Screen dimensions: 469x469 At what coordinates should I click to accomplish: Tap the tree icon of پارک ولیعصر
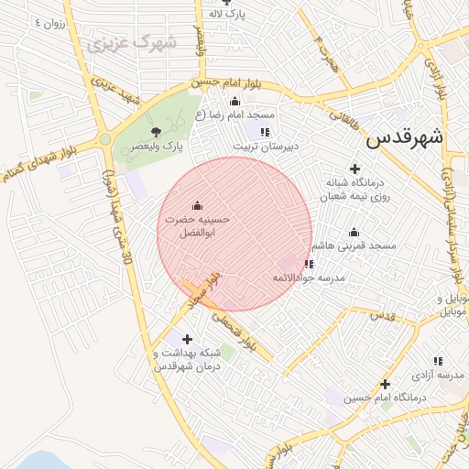[x=155, y=131]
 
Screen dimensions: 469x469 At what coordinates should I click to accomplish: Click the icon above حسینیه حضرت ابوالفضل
[x=197, y=205]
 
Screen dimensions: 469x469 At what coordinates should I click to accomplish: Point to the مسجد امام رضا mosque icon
[x=234, y=101]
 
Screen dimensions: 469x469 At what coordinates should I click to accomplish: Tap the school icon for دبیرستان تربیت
[x=266, y=132]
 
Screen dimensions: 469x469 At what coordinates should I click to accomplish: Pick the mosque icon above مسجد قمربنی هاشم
[x=354, y=232]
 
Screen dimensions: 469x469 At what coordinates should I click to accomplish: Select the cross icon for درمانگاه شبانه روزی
[x=354, y=168]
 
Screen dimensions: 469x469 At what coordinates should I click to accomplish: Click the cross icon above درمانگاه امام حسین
[x=385, y=384]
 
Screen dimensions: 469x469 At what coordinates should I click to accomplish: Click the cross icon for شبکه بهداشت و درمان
[x=188, y=339]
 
